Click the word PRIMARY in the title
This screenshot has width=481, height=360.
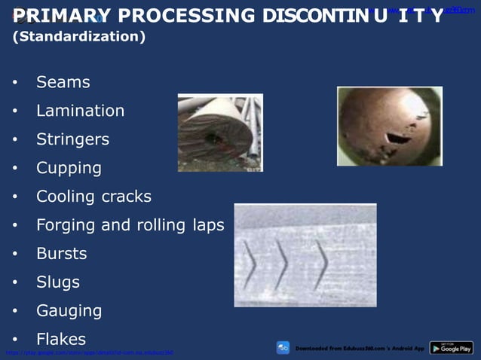coord(61,16)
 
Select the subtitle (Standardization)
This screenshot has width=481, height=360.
coord(79,37)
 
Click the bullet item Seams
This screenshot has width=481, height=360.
coord(63,82)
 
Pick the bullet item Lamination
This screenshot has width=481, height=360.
coord(80,111)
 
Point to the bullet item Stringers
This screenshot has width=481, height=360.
coord(72,139)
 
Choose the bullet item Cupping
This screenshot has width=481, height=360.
coord(69,168)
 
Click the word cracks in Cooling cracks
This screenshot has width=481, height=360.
coord(123,197)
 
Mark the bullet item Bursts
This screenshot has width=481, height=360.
coord(61,254)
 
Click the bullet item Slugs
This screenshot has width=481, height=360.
coord(57,282)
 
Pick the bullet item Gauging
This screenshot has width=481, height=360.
coord(69,311)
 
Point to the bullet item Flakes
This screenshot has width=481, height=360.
coord(61,340)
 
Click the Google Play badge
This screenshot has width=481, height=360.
coord(451,348)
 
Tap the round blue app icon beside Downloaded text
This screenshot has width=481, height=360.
coord(283,348)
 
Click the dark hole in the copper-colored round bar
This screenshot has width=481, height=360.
coord(394,138)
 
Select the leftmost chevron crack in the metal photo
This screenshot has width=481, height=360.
coord(249,264)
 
